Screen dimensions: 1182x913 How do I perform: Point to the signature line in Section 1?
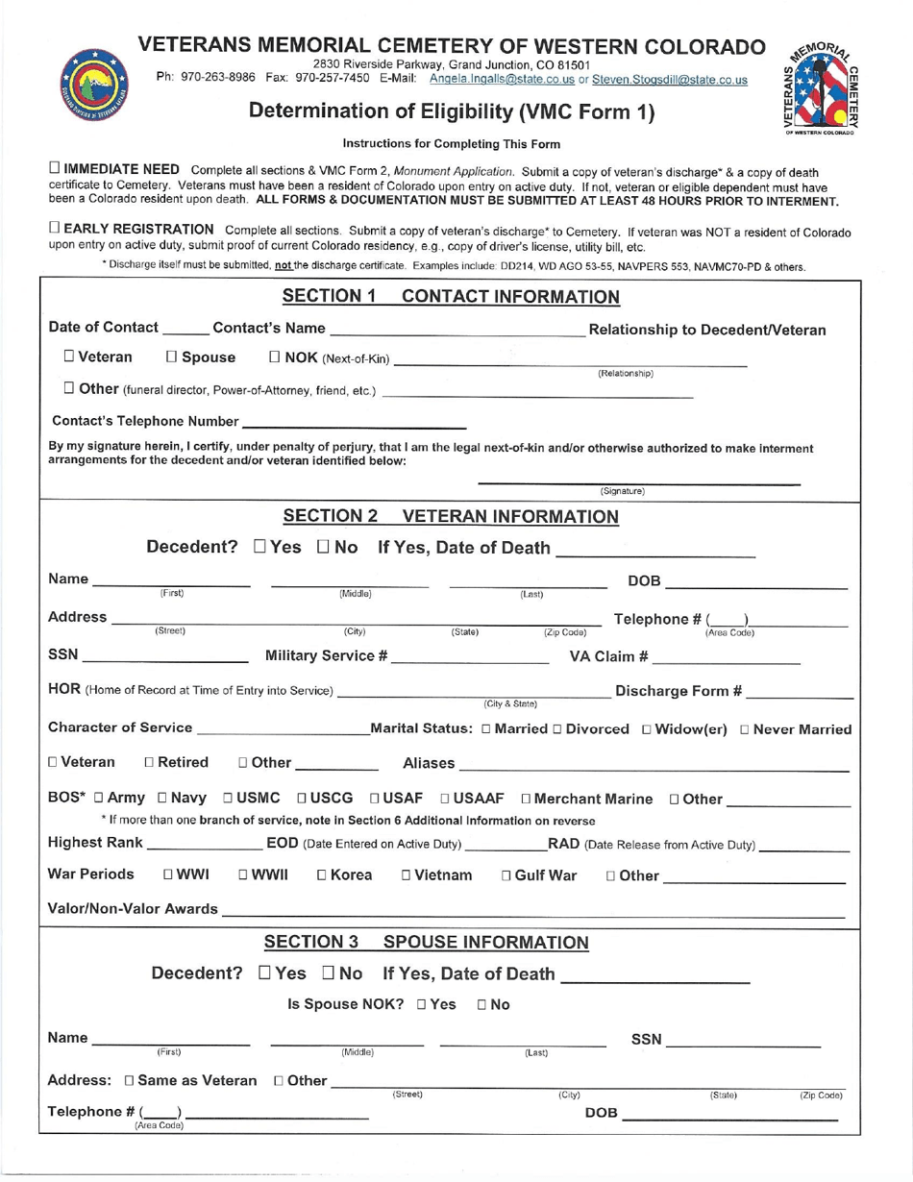coord(639,481)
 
